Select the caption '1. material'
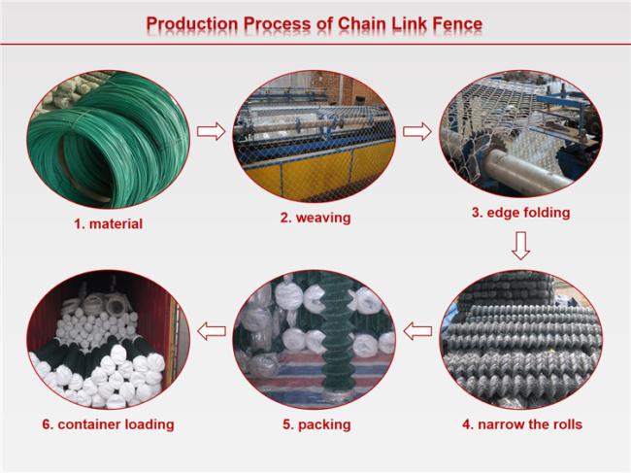[108, 223]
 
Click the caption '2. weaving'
[315, 218]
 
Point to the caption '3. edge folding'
[520, 213]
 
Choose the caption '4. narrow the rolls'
[522, 424]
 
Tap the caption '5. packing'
[316, 424]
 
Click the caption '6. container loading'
[108, 424]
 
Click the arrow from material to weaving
[212, 131]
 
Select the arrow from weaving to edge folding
[417, 132]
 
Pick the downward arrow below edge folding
[520, 246]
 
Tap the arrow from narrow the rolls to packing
[417, 331]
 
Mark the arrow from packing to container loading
[212, 331]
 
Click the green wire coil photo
[108, 139]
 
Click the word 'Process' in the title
[277, 23]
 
